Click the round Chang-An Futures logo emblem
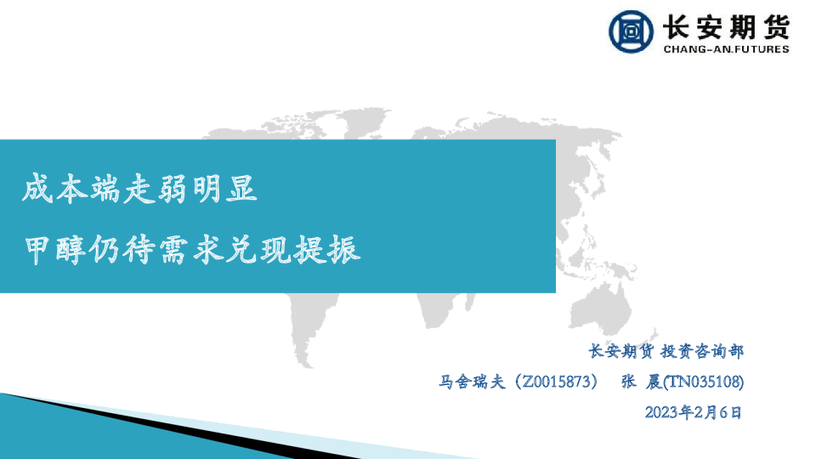[x=632, y=31]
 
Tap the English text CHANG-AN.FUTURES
[x=725, y=49]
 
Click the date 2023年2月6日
[x=694, y=413]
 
